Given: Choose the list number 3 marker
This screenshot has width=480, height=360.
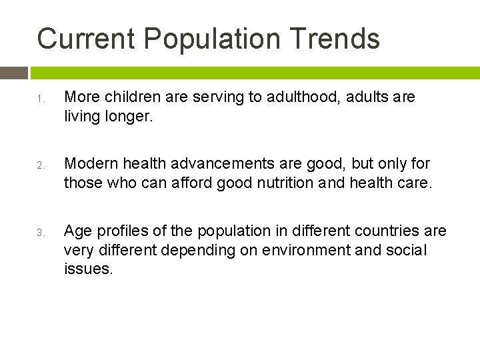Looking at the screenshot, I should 40,233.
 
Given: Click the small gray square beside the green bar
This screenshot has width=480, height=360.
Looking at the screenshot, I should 14,73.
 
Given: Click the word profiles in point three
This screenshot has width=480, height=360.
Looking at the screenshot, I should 117,231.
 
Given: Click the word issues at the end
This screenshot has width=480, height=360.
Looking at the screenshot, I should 88,269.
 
